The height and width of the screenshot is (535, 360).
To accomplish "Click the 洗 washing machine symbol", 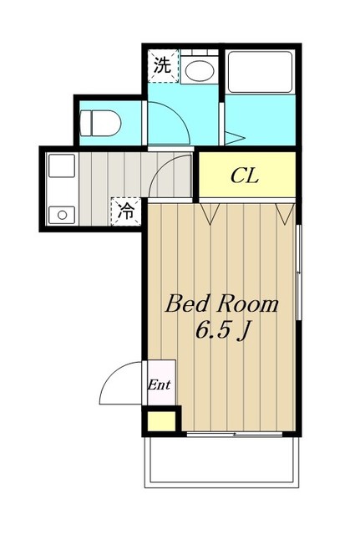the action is [x=164, y=65].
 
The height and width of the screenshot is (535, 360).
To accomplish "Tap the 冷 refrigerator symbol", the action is [x=126, y=211].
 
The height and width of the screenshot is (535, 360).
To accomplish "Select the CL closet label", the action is [x=245, y=176].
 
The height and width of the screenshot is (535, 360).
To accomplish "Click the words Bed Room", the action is [x=222, y=304].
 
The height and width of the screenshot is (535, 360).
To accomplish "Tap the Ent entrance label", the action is [x=159, y=385].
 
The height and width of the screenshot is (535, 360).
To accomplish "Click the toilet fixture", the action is [x=100, y=123].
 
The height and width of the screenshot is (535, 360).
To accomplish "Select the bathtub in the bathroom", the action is [x=260, y=71].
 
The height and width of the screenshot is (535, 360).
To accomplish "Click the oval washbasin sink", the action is [x=200, y=70].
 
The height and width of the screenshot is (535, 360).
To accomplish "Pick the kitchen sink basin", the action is [x=62, y=166].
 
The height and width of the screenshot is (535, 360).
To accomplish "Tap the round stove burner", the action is [x=62, y=215].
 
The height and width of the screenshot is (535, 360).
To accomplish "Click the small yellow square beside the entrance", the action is [x=161, y=421].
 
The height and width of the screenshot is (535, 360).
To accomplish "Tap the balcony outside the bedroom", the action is [x=221, y=460].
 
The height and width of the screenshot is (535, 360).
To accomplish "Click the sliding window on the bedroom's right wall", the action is [x=299, y=273].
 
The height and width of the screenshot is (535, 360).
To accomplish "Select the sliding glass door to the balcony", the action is [x=235, y=434].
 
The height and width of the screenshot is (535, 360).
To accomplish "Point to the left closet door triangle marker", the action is [x=210, y=214].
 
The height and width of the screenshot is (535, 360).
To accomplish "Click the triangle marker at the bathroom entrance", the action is [x=235, y=138].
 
